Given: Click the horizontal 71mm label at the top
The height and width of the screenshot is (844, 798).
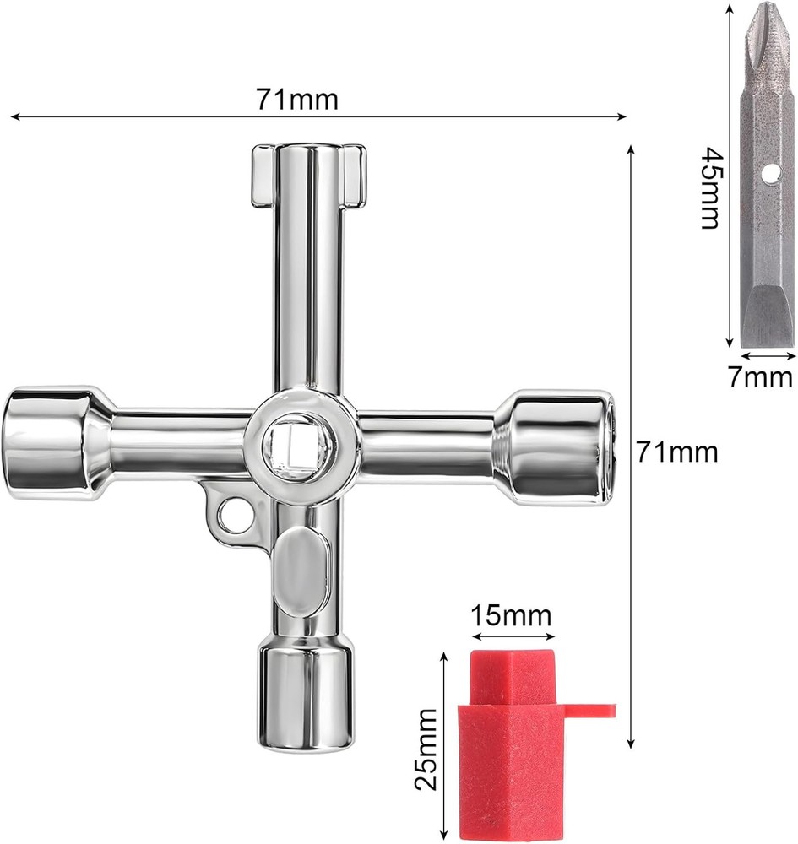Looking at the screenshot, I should [296, 100].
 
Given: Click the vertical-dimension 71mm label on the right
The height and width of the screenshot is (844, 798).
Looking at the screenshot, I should [677, 452].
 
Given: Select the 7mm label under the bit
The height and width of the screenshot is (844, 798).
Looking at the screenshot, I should [760, 376].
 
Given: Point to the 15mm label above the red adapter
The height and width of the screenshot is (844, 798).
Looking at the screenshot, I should [510, 615].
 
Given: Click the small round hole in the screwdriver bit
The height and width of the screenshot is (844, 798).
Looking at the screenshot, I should [768, 173].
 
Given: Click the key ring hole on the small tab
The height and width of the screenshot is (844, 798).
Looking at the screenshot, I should [235, 517].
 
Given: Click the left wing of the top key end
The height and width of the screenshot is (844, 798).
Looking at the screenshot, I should [263, 176].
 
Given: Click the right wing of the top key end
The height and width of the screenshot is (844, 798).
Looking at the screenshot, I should [353, 175].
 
